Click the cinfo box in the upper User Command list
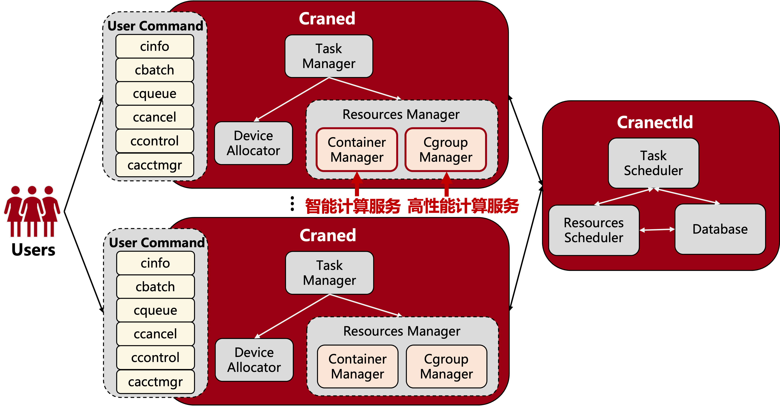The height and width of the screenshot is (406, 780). coord(154,46)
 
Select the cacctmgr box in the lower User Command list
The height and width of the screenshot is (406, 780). coord(155,382)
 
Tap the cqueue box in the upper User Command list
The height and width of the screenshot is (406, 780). coord(154,93)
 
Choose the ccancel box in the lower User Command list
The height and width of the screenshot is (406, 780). coord(155,334)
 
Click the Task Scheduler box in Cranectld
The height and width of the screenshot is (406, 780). coord(653,163)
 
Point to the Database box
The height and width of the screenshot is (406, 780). coord(720,229)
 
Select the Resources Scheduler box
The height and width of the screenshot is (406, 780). coord(594,230)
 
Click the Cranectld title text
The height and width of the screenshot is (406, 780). coord(655,122)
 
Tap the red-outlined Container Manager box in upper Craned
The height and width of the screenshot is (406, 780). coord(357,150)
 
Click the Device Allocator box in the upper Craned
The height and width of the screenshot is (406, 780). coord(253,143)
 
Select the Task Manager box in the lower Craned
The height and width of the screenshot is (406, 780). coord(329,273)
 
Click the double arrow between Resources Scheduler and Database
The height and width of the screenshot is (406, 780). coord(657,230)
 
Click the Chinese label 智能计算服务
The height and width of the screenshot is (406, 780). coord(353,206)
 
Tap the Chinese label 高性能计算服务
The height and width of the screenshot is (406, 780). coord(463,206)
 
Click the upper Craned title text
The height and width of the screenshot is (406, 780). coord(327,19)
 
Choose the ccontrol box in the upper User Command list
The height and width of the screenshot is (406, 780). coord(154,141)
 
